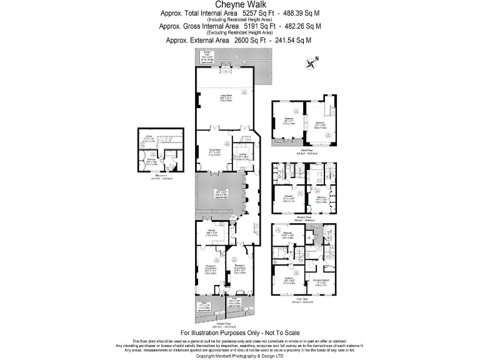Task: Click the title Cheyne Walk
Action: pos(240,4)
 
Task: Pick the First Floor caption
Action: pos(304,299)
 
